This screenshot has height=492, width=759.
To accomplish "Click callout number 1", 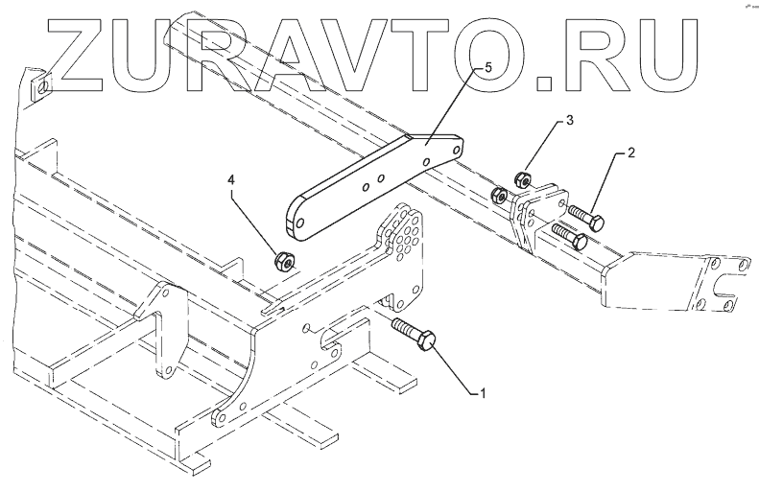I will point(484,392).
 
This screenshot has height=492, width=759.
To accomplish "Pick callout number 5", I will point(488,70).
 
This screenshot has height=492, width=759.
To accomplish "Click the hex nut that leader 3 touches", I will point(524,178).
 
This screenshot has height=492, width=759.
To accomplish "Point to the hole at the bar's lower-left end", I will point(302,224).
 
